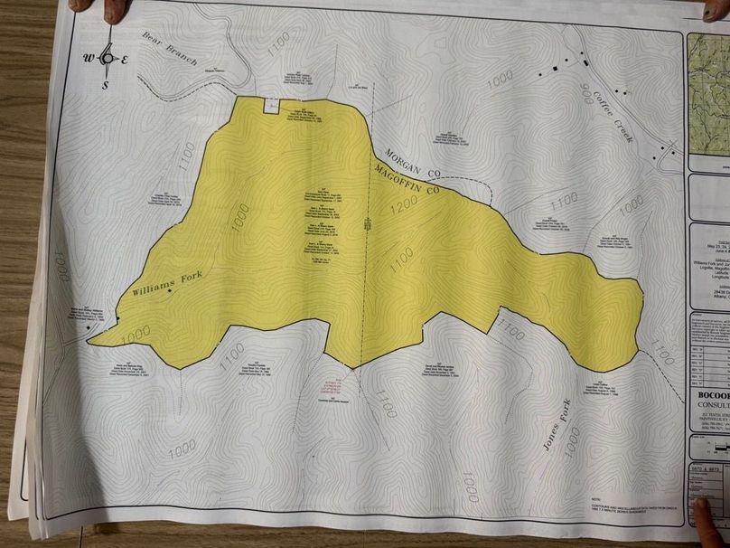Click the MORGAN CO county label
[x=410, y=159]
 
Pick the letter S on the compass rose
[x=106, y=86]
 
